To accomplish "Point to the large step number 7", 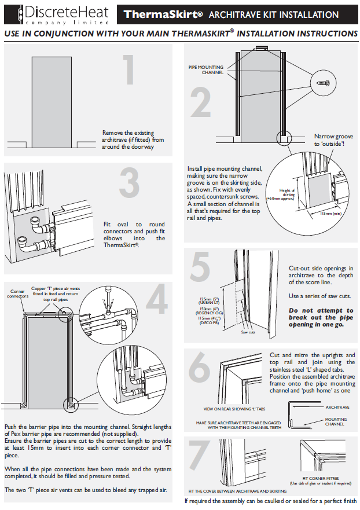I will (x=199, y=457).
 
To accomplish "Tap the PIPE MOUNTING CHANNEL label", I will (x=205, y=70).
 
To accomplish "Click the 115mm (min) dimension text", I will (x=330, y=214).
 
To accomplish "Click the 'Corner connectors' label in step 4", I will (x=18, y=293).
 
